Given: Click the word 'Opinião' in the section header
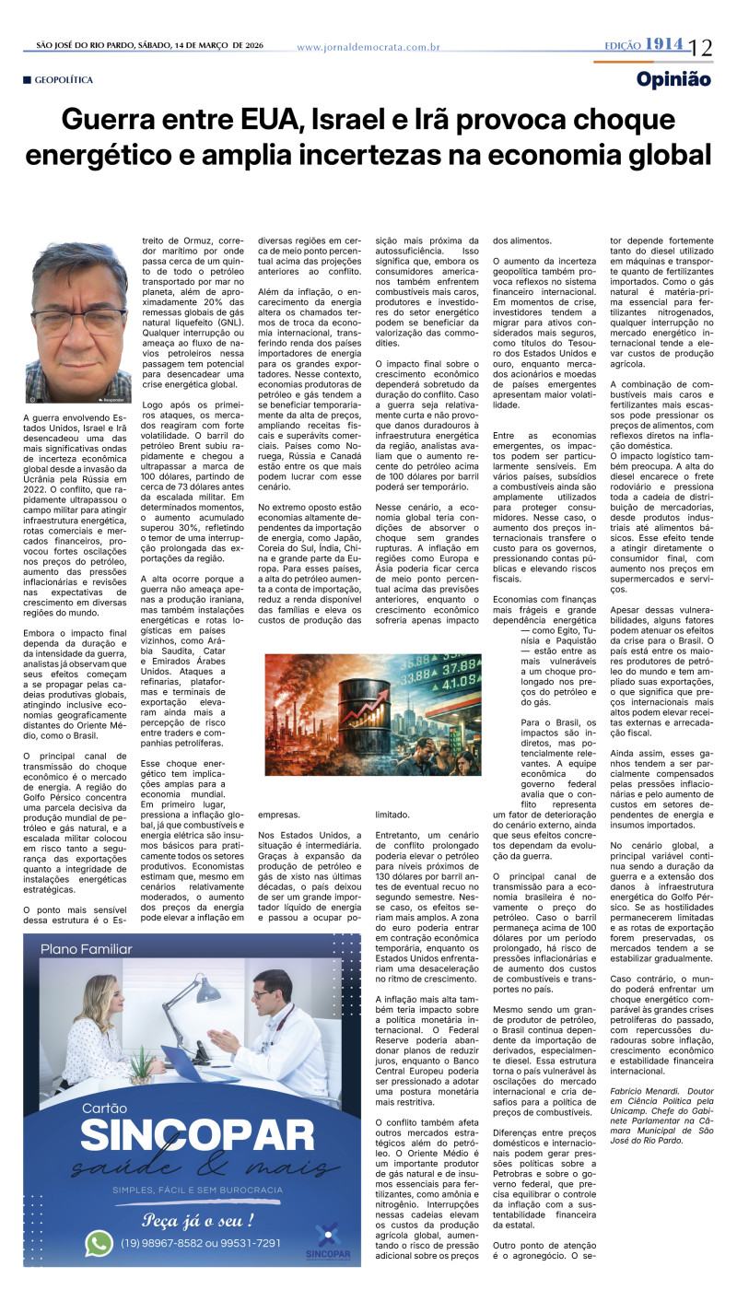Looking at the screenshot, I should (673, 80).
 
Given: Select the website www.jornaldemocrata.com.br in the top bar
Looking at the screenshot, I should (368, 47).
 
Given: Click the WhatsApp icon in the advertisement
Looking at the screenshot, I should (99, 1243).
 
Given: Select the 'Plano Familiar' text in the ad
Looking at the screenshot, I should (87, 949).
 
